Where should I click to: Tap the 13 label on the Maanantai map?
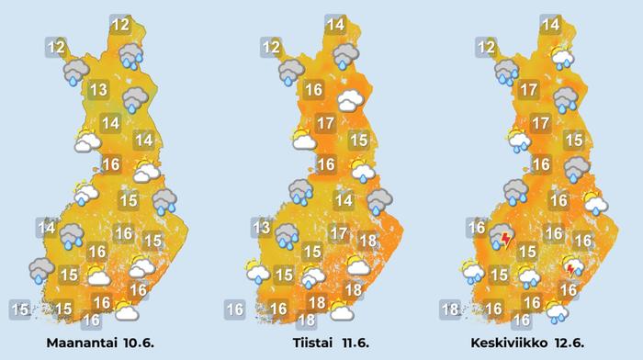[99, 90]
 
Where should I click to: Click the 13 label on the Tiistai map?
[262, 229]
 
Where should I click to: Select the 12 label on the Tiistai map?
[271, 47]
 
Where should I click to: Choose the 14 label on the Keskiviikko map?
[551, 26]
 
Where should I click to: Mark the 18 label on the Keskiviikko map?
[449, 309]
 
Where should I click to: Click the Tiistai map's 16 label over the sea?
[234, 309]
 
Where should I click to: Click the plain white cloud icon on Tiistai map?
[347, 101]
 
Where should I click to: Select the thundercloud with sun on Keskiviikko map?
[573, 267]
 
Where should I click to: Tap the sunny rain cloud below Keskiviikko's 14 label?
[562, 59]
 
